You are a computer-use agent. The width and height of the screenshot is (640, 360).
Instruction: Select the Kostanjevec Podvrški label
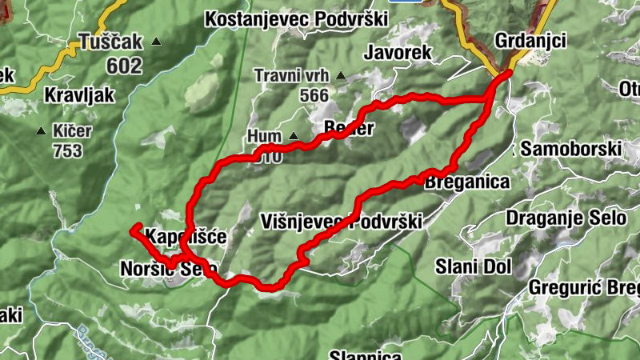(x=296, y=18)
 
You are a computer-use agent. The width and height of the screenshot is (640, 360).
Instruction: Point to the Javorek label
(x=397, y=53)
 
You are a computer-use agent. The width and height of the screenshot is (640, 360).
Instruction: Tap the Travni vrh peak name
(x=290, y=76)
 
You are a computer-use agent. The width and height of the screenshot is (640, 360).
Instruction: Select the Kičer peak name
(x=72, y=130)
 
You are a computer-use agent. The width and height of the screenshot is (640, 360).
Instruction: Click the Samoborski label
(x=570, y=149)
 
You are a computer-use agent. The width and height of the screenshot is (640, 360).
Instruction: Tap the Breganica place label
(x=468, y=182)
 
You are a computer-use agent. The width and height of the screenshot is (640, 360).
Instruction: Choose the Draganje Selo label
(x=557, y=218)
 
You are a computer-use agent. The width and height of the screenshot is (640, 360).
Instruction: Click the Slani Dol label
(x=473, y=266)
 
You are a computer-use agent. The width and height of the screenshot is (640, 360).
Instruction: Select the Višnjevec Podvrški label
(x=341, y=222)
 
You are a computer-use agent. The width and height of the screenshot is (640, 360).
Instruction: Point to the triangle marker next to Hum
(x=293, y=136)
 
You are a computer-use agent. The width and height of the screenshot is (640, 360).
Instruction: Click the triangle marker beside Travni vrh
(x=341, y=76)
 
